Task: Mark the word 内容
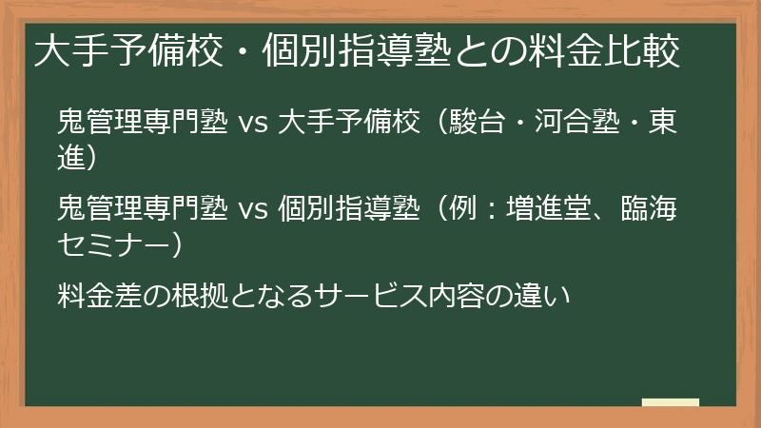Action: [x=452, y=295]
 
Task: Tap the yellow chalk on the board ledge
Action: [x=670, y=402]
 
